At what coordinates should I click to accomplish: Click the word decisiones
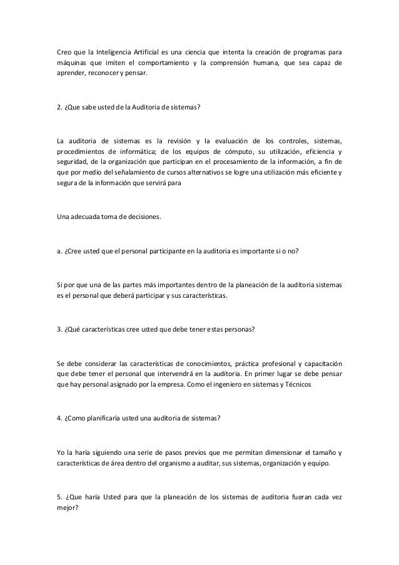(141, 218)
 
